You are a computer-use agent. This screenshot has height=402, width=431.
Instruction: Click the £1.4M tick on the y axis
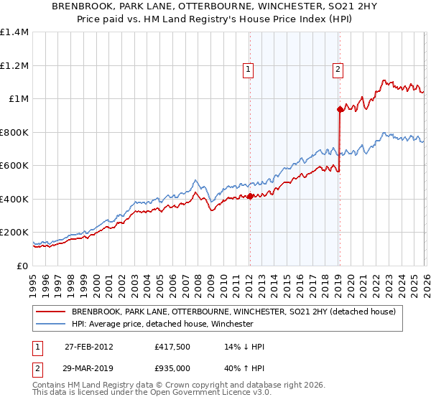click(14, 32)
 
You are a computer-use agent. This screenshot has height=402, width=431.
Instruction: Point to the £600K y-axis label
click(14, 166)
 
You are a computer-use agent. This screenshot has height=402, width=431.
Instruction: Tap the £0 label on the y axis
click(22, 266)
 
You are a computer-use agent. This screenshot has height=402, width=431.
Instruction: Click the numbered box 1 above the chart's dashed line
click(248, 70)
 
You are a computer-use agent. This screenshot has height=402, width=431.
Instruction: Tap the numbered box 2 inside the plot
click(337, 70)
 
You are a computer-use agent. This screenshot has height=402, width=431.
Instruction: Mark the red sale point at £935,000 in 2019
click(339, 110)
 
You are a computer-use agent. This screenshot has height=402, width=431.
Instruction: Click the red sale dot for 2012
click(250, 196)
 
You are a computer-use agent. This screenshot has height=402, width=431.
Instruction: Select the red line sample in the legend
click(50, 312)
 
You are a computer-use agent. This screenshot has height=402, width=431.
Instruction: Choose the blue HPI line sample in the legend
click(50, 324)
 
